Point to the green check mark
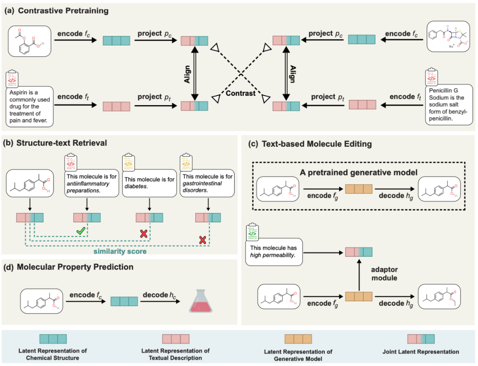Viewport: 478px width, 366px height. coord(81,231)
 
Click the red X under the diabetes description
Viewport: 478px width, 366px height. coord(143,234)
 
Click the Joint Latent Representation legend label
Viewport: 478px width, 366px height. coord(421,351)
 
